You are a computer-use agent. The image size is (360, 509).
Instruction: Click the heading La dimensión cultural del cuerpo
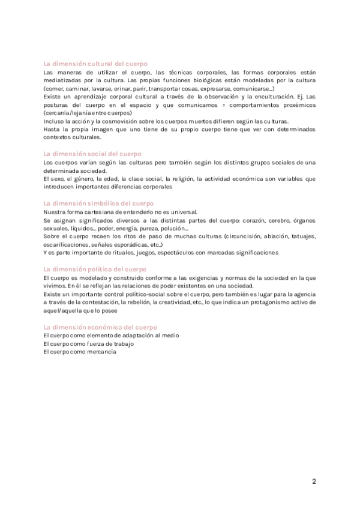click(96, 64)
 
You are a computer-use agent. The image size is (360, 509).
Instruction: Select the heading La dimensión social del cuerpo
click(92, 154)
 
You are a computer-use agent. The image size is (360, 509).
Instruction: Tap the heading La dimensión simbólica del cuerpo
click(100, 203)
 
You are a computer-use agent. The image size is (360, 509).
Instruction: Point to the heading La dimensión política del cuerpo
click(95, 270)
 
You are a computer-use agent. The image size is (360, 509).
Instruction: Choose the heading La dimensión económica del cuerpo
click(101, 327)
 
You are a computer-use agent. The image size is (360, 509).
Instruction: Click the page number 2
click(314, 481)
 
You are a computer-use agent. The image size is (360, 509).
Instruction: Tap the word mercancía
click(103, 352)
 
